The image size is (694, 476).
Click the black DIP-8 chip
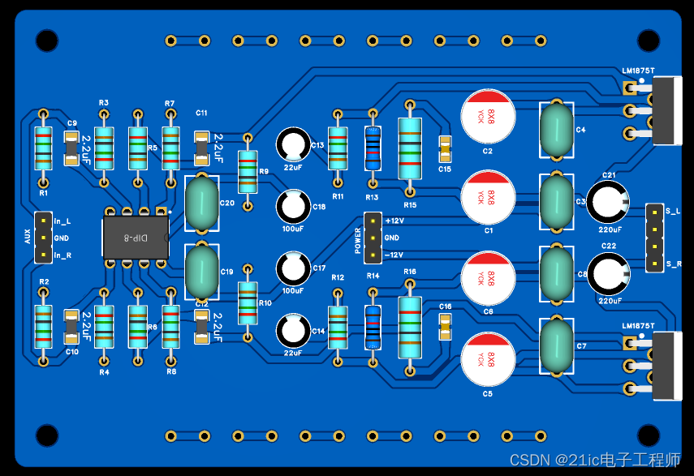(136, 237)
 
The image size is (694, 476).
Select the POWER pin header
(373, 238)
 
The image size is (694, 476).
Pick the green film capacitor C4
(557, 129)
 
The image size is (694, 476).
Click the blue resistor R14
(373, 326)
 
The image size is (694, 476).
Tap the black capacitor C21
(607, 201)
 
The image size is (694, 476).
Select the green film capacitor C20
(200, 203)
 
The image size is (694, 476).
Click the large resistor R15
(410, 148)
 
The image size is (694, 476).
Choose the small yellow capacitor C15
(445, 148)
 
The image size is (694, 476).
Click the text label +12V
(394, 221)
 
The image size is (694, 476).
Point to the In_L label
(63, 221)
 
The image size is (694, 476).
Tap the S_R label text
(674, 264)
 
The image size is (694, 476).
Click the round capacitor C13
(292, 145)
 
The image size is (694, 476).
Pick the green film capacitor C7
(557, 346)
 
